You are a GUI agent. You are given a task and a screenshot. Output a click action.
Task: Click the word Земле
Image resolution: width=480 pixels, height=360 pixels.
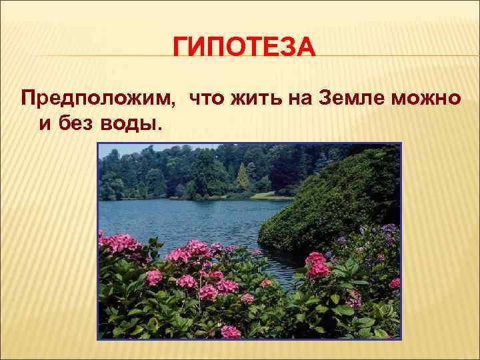tap(357, 99)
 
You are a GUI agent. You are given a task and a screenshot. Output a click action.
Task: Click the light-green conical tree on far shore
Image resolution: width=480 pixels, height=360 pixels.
tap(243, 177)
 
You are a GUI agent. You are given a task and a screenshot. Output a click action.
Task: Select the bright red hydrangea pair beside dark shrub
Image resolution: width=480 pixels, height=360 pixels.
tap(317, 265)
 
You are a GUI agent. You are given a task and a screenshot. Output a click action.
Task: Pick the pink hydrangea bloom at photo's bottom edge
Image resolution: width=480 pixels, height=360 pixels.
tap(231, 331)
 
